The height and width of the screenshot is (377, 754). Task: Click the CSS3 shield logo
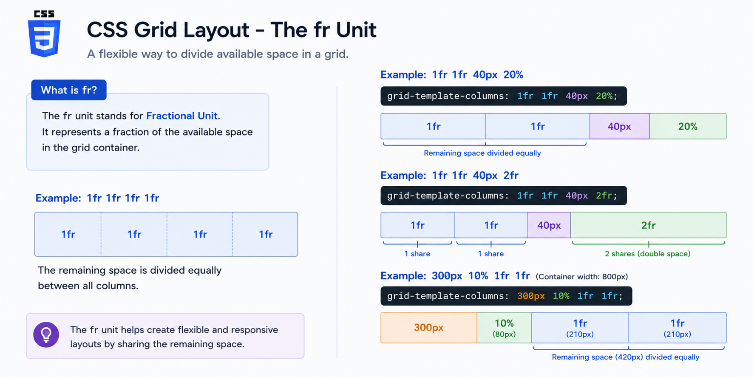pos(44,34)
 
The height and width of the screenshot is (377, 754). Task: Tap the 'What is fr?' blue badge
pos(69,90)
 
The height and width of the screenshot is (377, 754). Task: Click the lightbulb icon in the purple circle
pos(46,335)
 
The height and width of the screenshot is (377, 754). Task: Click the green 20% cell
pos(688,126)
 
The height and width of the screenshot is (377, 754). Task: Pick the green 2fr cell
pos(648,225)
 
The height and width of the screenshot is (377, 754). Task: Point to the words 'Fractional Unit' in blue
pos(182,116)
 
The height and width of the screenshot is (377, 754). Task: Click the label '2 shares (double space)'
pos(647,254)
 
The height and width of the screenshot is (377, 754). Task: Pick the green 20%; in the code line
pos(607,96)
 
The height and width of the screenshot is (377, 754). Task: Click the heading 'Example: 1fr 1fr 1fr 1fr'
pos(97,198)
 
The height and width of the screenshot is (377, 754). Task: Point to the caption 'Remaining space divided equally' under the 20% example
pos(482,153)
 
